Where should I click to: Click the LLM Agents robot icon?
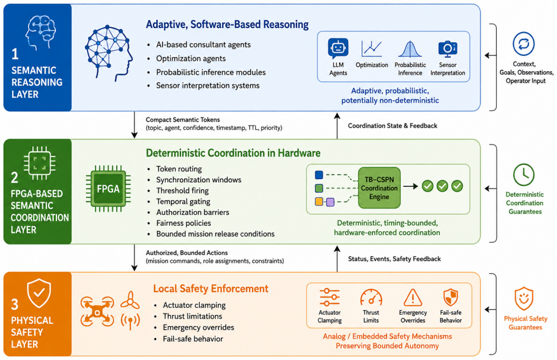[338, 48]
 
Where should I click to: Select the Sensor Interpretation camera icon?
[447, 49]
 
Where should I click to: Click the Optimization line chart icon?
[372, 49]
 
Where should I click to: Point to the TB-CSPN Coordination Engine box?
[379, 188]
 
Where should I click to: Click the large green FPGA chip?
[109, 188]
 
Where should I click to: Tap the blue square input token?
[319, 175]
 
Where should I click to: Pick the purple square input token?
[331, 202]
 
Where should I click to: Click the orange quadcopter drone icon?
[97, 311]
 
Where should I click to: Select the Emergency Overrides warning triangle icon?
[413, 298]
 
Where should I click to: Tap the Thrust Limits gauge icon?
[371, 297]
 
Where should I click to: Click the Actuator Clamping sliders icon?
[329, 297]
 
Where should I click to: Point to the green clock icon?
[524, 175]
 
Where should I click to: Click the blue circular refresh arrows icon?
[524, 44]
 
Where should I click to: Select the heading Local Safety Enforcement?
[211, 289]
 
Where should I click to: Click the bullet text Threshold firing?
[183, 191]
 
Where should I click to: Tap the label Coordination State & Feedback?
[393, 125]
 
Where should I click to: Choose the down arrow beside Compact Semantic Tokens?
[134, 124]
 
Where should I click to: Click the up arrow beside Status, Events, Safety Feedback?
[337, 259]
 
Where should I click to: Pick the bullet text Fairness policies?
[184, 223]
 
